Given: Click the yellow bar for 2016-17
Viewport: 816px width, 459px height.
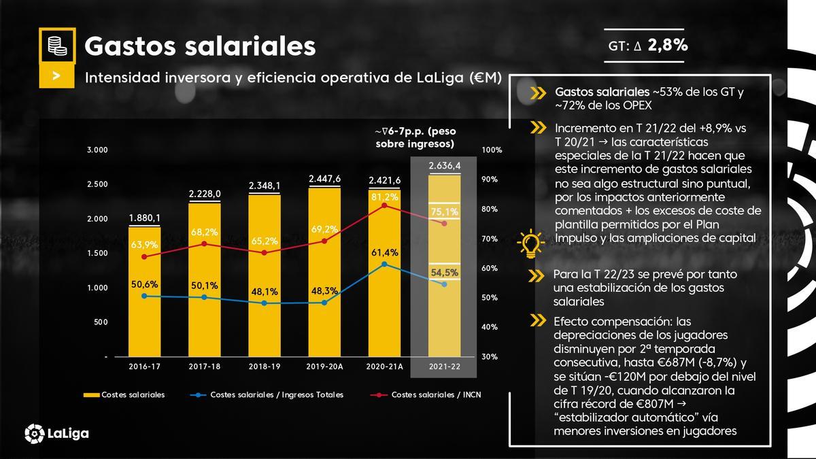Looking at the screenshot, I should tap(145, 292).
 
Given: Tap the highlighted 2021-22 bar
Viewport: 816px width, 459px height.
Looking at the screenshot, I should tap(444, 265).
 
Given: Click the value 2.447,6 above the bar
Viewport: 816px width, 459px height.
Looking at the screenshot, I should tap(324, 179).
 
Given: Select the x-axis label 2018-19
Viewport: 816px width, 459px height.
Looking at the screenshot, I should tap(265, 366).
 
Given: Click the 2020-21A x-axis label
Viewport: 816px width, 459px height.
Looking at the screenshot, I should tap(385, 366).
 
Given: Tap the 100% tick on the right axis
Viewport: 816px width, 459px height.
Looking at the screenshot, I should tap(491, 150).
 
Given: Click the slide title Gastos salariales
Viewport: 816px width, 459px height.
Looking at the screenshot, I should tap(200, 46).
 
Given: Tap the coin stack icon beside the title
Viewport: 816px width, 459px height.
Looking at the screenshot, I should tap(57, 46).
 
